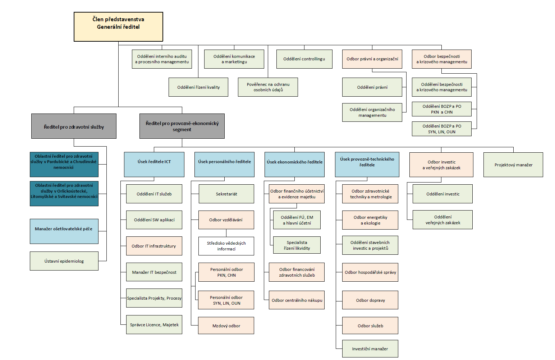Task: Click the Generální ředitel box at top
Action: (x=118, y=27)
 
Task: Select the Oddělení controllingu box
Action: (x=304, y=59)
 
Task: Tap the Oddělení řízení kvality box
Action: (x=198, y=87)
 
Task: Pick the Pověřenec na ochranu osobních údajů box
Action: (x=268, y=87)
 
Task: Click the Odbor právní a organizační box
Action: (x=372, y=59)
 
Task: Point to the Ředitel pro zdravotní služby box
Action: (x=74, y=126)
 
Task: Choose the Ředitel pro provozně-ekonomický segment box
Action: (x=182, y=126)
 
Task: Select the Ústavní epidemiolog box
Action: (x=64, y=261)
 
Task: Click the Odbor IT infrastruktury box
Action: (x=154, y=246)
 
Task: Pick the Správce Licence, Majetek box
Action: (x=154, y=325)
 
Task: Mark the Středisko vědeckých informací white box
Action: (x=226, y=246)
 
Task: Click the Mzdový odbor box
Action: (x=226, y=326)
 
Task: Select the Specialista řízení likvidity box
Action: (x=297, y=245)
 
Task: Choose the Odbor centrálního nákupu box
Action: (x=297, y=300)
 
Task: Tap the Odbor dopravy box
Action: (x=370, y=300)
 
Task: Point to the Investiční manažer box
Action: (x=370, y=349)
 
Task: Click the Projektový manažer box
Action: (x=513, y=165)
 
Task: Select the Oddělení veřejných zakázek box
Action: (x=442, y=220)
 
